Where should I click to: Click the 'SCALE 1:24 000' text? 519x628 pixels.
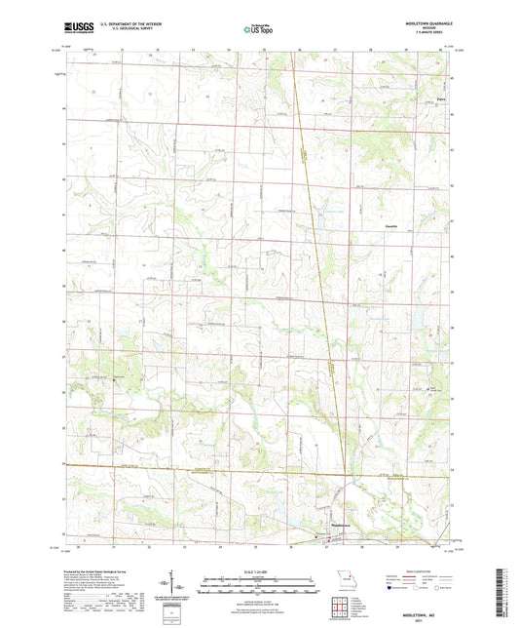[258, 570]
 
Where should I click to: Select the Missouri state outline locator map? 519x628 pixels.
[341, 575]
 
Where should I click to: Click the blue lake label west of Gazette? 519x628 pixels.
[335, 214]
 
